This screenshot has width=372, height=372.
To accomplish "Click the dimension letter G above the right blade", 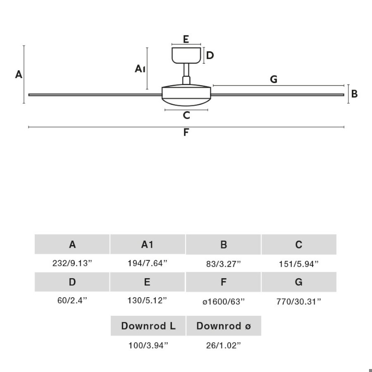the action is pos(273,79).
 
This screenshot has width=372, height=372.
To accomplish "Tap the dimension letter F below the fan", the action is pos(186,132).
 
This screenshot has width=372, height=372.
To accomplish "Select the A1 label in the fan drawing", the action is pos(140,69).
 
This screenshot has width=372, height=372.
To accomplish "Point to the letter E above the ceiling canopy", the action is pos(186,39).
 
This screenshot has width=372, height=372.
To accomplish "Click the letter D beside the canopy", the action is pos(210,55).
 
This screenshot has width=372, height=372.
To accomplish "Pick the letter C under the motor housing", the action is pos(186,115).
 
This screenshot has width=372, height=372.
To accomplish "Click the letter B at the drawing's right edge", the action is pos(354,94).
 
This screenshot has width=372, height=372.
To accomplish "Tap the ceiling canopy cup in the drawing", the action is pos(186,55).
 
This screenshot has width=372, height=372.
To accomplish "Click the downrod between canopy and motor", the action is pos(186,74).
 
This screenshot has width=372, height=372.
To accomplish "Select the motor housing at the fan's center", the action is pos(186,95).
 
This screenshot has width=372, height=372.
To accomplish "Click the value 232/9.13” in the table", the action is pos(72,263).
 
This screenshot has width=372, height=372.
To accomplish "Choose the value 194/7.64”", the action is pos(147,263).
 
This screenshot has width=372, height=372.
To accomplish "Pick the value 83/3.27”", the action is pos(223,264).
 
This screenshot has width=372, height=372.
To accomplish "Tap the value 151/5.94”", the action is pos(299,264).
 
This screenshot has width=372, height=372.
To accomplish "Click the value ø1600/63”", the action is pos(223,302).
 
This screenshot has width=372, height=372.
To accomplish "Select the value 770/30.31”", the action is pos(299,302).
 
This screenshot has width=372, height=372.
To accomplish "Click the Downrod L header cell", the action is pos(148,326).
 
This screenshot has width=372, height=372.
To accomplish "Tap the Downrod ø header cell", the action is pos(224,326).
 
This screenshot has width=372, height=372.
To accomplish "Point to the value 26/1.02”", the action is pos(223,346).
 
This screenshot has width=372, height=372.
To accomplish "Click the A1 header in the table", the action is pos(148,244).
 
